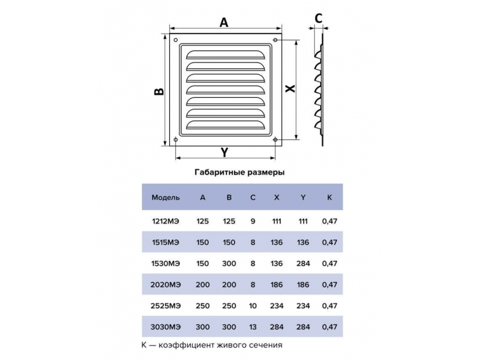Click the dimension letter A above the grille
[224, 22]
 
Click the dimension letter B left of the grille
[159, 91]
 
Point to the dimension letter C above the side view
[319, 19]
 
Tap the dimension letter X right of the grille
[290, 88]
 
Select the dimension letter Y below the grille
[224, 152]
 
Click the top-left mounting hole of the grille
[176, 40]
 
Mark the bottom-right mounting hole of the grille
[275, 140]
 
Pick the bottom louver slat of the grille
[226, 125]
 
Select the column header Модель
[166, 197]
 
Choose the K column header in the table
[329, 197]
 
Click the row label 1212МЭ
[166, 221]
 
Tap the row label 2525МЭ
[166, 306]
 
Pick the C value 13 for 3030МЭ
[253, 327]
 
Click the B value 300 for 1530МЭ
[229, 263]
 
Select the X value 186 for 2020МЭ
[277, 284]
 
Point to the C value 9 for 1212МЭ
[253, 221]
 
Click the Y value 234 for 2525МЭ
[303, 306]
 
